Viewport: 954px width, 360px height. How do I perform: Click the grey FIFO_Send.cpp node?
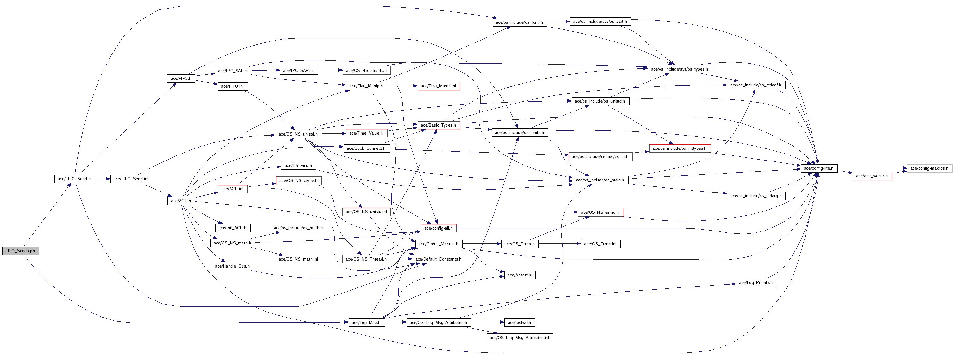[x=20, y=251]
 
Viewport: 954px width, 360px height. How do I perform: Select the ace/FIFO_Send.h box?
[x=74, y=179]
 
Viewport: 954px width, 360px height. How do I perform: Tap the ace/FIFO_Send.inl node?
[x=131, y=179]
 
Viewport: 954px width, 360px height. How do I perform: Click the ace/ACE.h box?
[x=181, y=201]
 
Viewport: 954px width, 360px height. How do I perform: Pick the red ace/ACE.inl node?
[x=232, y=189]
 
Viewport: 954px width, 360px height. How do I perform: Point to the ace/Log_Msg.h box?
[x=366, y=323]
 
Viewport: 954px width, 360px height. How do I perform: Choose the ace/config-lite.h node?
[x=818, y=168]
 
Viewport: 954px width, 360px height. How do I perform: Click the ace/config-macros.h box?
[x=929, y=168]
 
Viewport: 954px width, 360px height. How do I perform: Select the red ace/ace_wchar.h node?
[x=872, y=176]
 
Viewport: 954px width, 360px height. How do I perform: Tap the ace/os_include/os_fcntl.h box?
[x=519, y=22]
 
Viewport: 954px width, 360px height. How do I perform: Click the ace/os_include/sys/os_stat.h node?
[x=600, y=22]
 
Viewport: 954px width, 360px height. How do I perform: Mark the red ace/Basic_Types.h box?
[x=439, y=125]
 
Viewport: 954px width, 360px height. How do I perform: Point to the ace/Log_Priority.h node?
[x=756, y=283]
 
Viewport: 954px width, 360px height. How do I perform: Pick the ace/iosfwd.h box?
[x=519, y=323]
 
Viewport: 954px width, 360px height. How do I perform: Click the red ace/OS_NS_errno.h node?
[x=600, y=212]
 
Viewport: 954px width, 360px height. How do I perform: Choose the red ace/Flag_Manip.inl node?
[x=439, y=86]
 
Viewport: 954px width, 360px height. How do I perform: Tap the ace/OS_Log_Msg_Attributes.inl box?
[x=519, y=338]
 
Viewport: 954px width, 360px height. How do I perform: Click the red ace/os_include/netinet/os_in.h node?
[x=600, y=157]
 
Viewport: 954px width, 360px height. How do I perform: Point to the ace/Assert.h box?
[x=519, y=275]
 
